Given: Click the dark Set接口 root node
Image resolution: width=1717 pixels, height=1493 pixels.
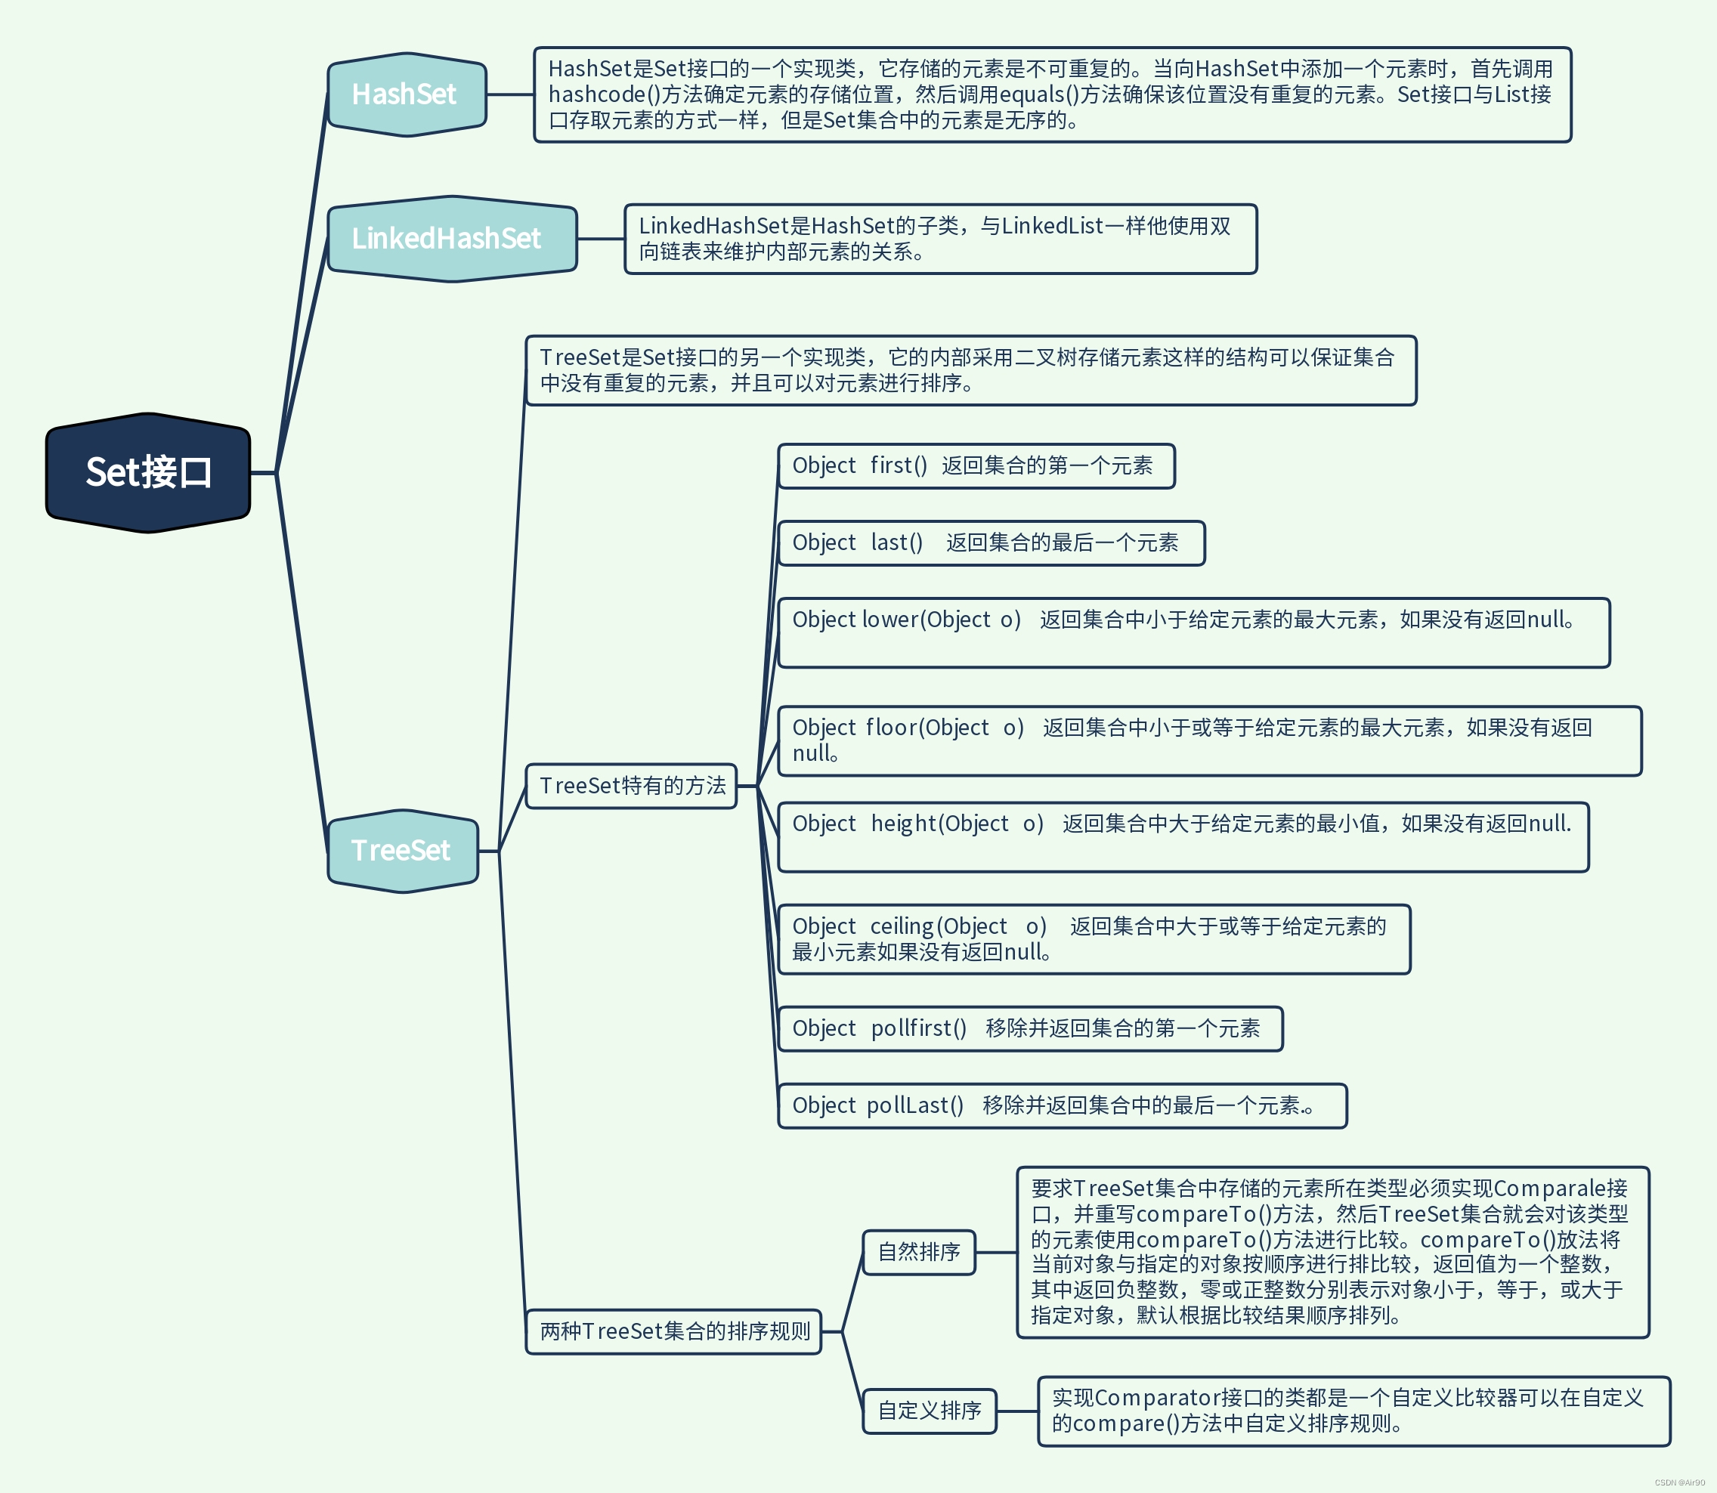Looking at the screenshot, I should point(148,472).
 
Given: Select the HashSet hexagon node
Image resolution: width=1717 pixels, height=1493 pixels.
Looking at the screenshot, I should point(406,94).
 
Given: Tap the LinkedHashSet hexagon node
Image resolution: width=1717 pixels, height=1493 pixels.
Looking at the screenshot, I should point(450,239).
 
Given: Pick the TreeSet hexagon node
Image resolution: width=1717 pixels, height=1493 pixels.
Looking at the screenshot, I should point(402,851).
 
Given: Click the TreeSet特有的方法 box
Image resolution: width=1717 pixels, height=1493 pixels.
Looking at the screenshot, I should point(632,786).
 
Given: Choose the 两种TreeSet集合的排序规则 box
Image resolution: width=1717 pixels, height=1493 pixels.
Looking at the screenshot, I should point(673,1331).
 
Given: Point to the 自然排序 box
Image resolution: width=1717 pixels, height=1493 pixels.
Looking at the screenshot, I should point(919,1251).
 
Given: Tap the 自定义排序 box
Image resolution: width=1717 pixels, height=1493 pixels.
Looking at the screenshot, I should point(929,1411).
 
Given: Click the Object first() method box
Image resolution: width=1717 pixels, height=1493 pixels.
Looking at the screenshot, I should point(976,465).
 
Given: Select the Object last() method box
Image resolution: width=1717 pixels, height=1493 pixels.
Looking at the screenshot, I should point(991,543).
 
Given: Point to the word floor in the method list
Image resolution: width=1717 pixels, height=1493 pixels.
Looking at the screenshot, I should point(892,728).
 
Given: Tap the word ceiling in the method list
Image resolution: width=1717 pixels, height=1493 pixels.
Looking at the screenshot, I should point(902,926).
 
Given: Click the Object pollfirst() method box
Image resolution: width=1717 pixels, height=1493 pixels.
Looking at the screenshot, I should point(1030,1028).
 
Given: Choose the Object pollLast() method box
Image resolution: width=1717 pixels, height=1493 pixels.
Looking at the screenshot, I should point(1061,1105).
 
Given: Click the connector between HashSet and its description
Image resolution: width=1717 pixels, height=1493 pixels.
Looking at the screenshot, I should point(510,94).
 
